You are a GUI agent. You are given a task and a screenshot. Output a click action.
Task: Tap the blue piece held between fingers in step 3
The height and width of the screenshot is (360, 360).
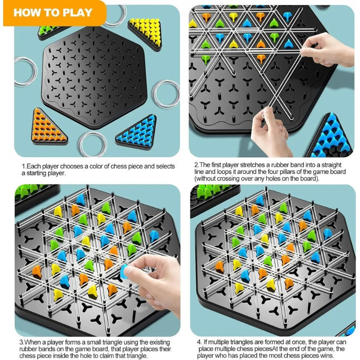(125, 271)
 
